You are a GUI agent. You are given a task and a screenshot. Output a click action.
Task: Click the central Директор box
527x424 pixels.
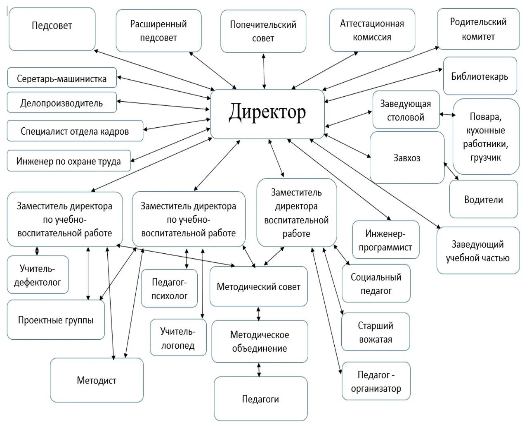coord(267,114)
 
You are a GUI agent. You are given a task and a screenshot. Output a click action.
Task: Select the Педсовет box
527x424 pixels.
coord(52,29)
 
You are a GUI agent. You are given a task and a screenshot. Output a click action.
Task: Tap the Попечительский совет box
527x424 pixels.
coord(263,31)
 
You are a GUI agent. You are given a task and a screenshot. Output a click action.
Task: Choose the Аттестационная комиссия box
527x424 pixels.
coord(372,30)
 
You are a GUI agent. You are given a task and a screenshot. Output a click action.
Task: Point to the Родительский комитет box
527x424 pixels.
coord(478,29)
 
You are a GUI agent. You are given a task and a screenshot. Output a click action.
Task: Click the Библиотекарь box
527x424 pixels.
coord(480,76)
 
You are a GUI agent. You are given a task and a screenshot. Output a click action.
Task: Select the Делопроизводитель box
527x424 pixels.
coord(61,103)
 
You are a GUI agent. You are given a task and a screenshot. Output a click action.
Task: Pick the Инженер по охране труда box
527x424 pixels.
coord(69,161)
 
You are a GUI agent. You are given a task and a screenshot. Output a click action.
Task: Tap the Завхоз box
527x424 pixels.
coord(406,157)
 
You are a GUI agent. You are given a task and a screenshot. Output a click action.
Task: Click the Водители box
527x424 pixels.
coord(483,200)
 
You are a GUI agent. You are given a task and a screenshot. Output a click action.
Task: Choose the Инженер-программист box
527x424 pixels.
coord(385,240)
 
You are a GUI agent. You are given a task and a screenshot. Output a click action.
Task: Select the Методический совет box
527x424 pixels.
coord(258,286)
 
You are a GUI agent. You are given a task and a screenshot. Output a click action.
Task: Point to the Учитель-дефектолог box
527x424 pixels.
coord(38,275)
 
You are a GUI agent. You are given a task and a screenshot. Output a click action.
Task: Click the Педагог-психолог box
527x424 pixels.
coord(169,288)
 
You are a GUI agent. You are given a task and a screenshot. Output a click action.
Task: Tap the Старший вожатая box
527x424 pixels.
coord(376,332)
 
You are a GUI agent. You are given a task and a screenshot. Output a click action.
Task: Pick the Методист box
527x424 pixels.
coord(97,380)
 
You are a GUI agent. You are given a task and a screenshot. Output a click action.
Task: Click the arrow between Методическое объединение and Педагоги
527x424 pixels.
coord(259,370)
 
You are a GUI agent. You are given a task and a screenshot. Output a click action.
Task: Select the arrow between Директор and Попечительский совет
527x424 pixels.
coord(264,71)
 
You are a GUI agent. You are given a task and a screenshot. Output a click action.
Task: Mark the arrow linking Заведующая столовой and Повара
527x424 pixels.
coord(447,114)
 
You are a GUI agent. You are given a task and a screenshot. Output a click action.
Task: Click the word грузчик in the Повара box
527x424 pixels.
coord(485,157)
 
